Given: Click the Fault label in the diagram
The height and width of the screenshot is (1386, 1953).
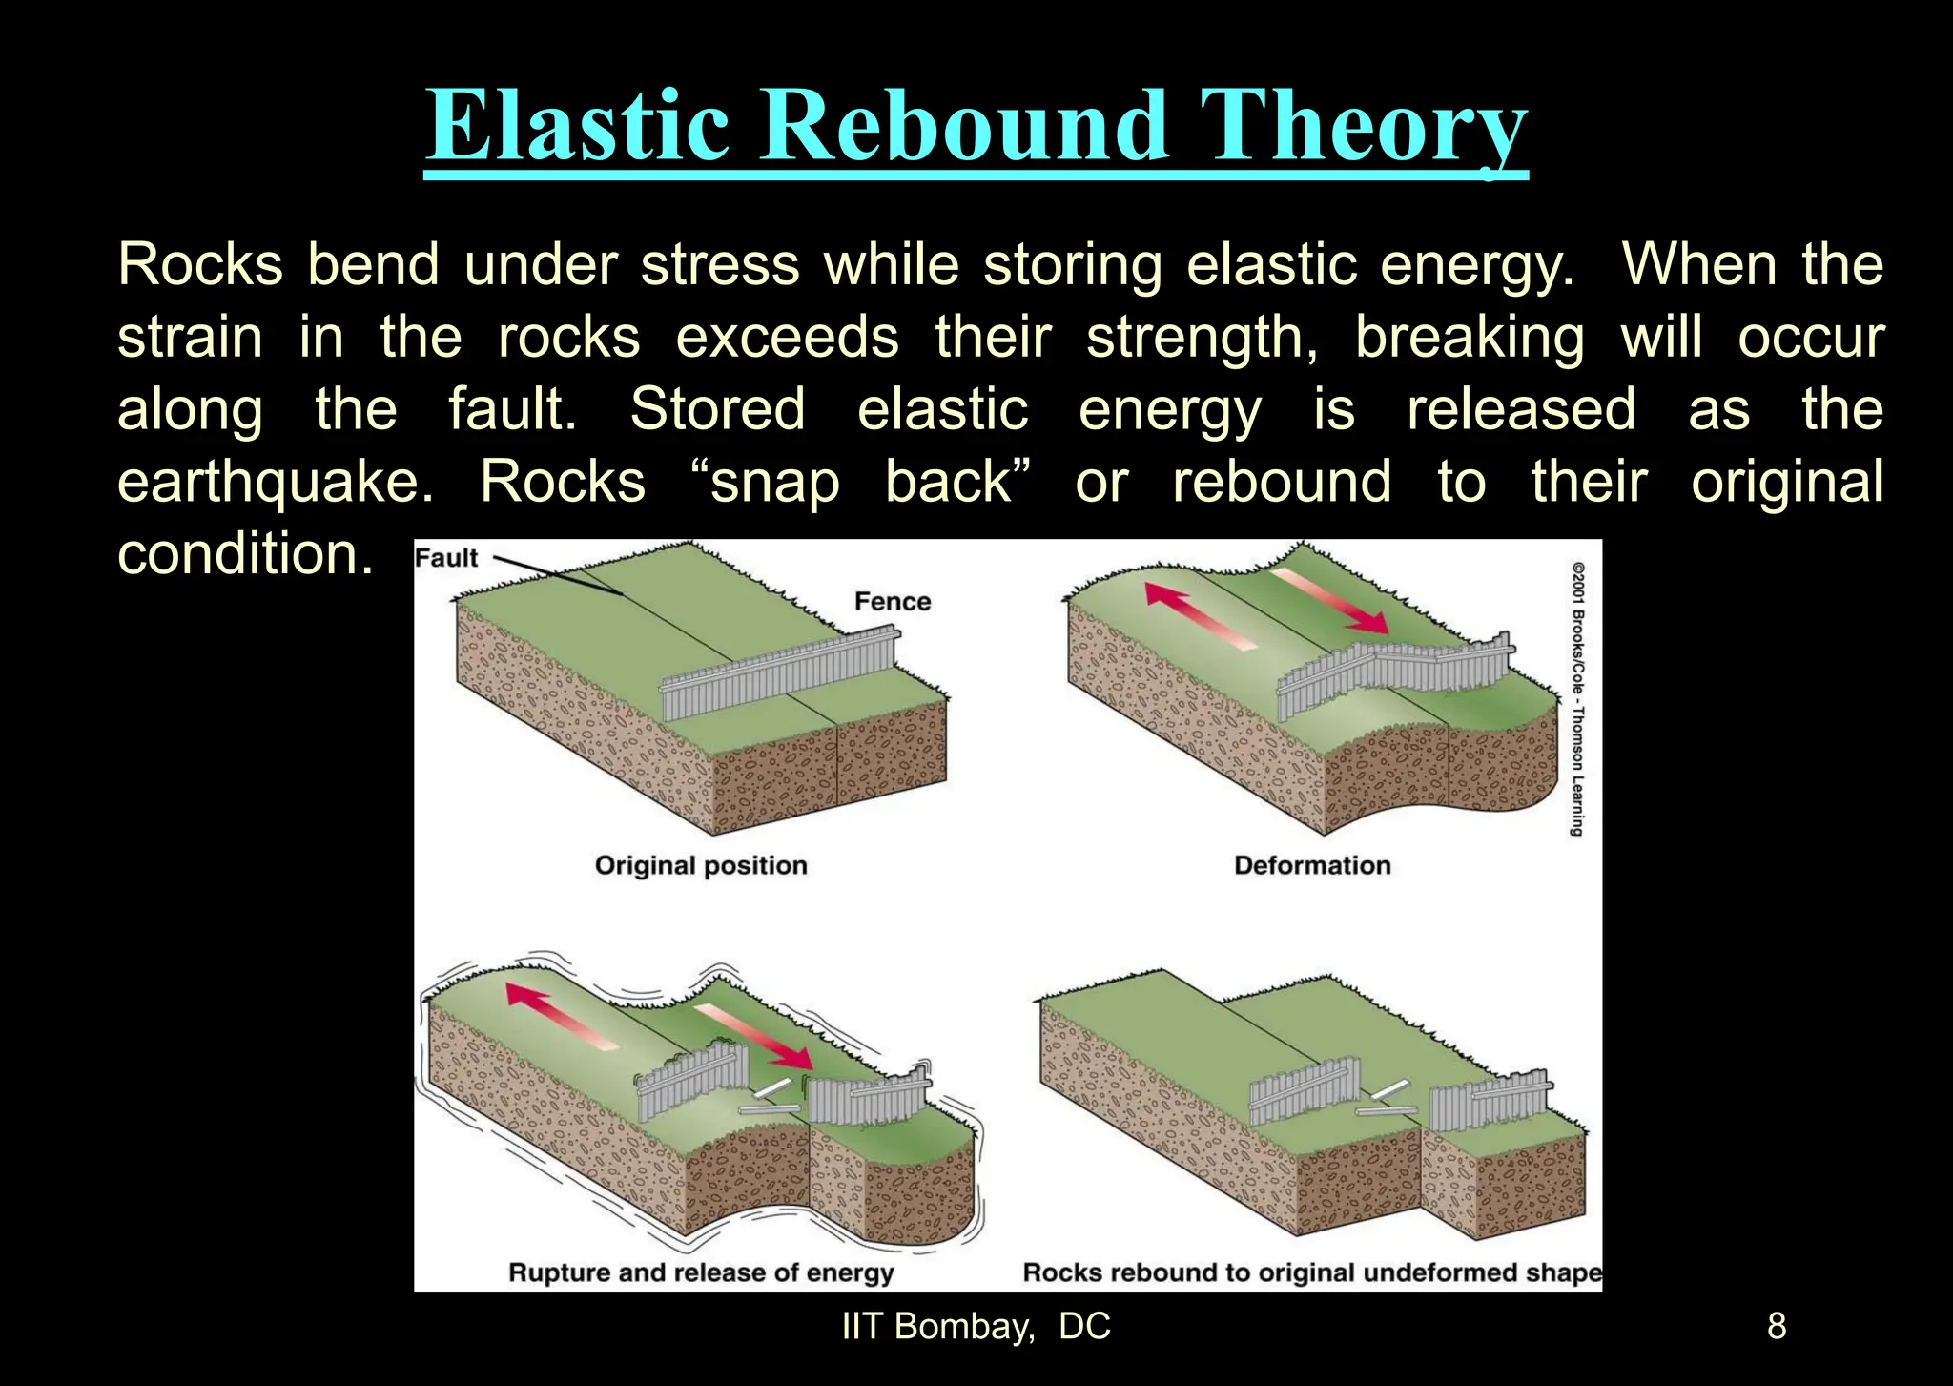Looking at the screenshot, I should click(446, 558).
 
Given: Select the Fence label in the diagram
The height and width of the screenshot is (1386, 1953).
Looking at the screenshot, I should click(892, 602).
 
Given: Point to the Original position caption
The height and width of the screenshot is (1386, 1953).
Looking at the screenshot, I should click(701, 865).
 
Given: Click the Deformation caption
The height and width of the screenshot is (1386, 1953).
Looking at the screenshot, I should click(1312, 865).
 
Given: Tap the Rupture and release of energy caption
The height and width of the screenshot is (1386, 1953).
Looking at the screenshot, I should click(701, 1272).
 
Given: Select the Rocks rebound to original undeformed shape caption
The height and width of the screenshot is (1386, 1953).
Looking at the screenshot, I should click(1311, 1272).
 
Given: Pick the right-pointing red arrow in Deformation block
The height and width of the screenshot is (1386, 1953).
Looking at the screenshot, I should click(1330, 600).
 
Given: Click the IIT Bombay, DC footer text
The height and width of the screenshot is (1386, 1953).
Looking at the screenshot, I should click(976, 1327).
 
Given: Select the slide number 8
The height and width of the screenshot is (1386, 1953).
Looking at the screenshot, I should click(1777, 1327).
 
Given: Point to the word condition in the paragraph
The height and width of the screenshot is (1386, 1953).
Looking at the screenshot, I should click(244, 554).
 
